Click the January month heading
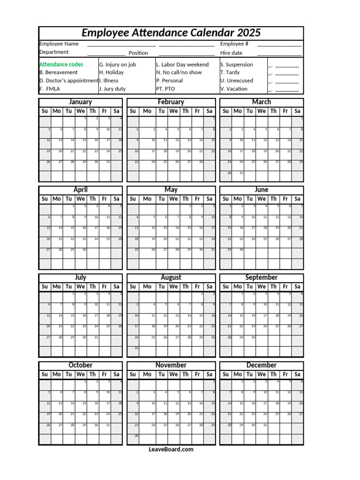(80, 102)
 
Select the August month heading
(171, 277)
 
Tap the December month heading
(262, 365)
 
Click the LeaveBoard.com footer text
(171, 450)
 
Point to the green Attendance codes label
(61, 65)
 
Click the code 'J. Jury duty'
(112, 89)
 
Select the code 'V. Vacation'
(234, 89)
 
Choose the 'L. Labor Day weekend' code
(182, 65)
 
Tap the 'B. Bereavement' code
(59, 73)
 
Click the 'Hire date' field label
(232, 53)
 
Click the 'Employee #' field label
(234, 44)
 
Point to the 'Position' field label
(138, 53)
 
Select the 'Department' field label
(54, 52)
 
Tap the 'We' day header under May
(173, 199)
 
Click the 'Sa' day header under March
(297, 111)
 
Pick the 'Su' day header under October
(45, 374)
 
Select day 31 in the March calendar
(241, 173)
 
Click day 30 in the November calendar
(136, 436)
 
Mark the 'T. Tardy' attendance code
(230, 73)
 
